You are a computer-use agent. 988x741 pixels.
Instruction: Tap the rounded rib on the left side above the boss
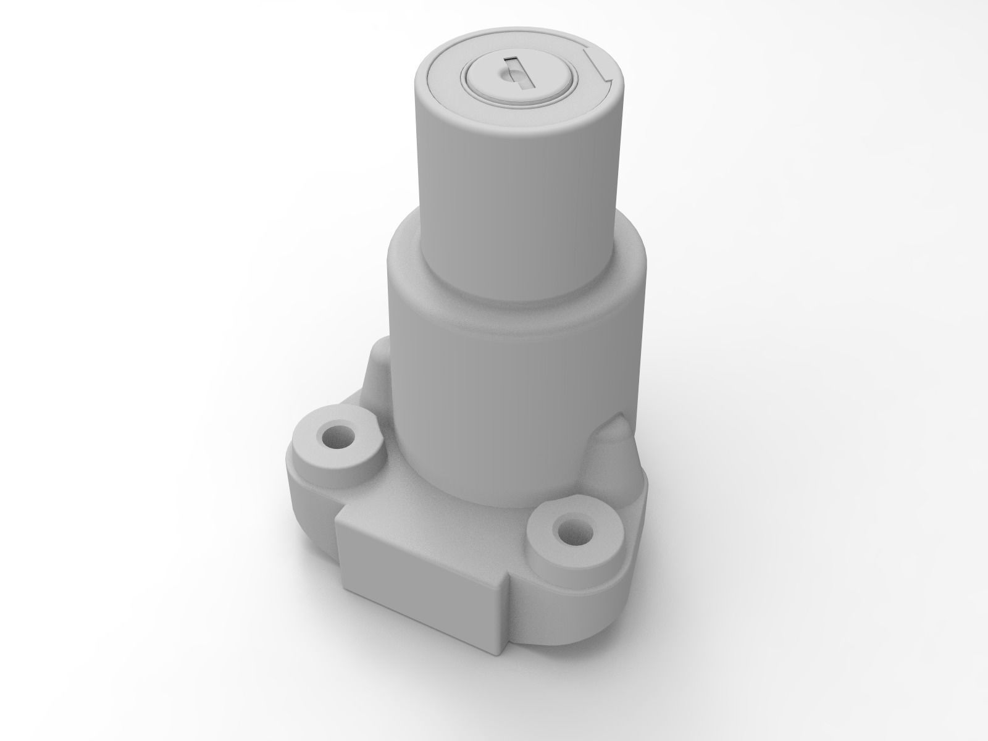375,377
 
